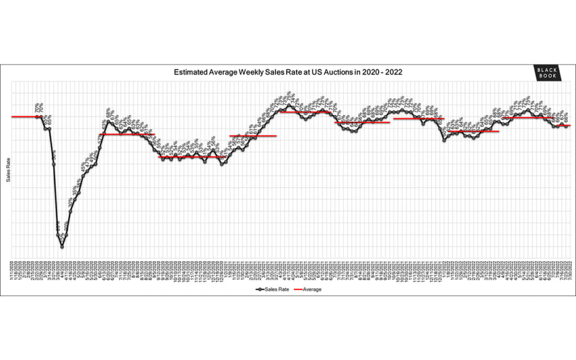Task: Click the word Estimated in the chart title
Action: [191, 72]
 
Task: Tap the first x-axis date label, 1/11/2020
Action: [12, 270]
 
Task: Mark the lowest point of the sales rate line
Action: [62, 247]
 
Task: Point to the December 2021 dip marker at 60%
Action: [445, 140]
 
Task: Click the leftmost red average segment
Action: [25, 116]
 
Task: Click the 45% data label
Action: [83, 168]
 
